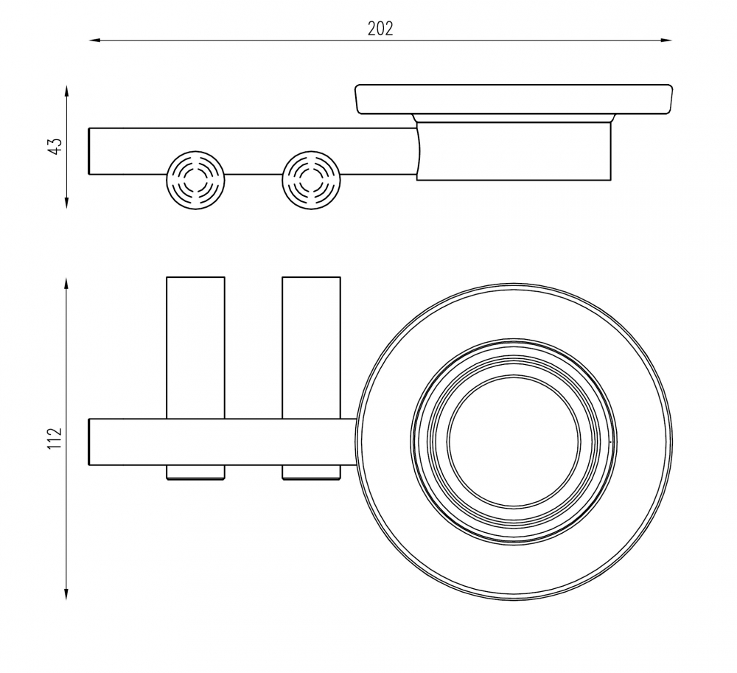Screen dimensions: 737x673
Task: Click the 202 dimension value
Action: click(x=380, y=29)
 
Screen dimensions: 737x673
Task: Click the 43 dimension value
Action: click(x=55, y=146)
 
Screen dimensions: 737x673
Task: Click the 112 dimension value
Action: click(x=55, y=439)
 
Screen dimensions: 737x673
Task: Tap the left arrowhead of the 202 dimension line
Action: click(x=94, y=41)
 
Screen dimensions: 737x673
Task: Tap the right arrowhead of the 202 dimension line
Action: click(x=666, y=41)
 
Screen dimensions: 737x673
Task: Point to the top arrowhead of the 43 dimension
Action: click(x=67, y=91)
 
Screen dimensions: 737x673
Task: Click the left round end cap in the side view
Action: click(x=195, y=180)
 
